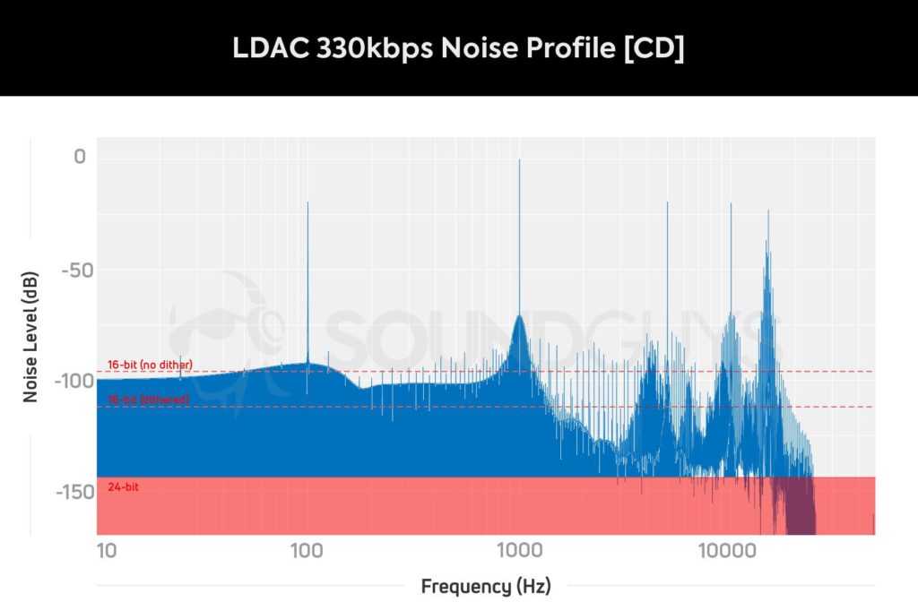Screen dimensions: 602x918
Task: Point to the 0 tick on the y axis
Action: click(x=80, y=158)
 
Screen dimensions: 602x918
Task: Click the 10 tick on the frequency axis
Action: click(x=107, y=548)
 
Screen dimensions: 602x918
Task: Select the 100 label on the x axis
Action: click(x=307, y=548)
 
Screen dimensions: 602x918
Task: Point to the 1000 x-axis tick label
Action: click(x=518, y=548)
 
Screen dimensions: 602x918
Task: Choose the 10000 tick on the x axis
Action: click(x=727, y=548)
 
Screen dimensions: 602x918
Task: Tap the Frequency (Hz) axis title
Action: click(x=486, y=587)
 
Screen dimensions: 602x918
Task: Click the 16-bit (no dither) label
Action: click(x=150, y=365)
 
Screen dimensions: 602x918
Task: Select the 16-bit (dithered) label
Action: click(x=148, y=400)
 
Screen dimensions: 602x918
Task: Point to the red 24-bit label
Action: click(x=123, y=487)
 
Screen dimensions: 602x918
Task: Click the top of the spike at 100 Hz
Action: click(x=307, y=203)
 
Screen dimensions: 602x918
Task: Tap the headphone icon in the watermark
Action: click(x=220, y=331)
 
